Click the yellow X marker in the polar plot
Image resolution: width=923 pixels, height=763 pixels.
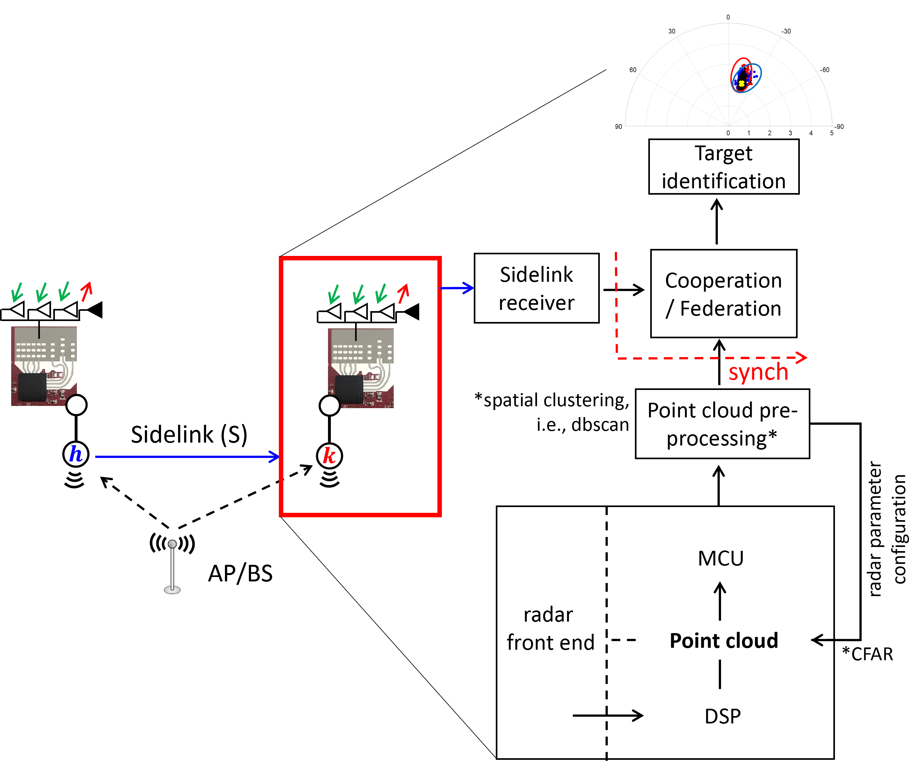tap(741, 83)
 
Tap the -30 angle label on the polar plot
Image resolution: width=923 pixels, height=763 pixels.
tap(786, 31)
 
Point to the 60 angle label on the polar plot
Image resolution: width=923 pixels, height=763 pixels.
tap(633, 70)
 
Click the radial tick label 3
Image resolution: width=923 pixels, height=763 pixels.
tap(790, 133)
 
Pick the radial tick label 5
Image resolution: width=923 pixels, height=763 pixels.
tap(832, 133)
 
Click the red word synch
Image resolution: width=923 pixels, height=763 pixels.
tap(758, 372)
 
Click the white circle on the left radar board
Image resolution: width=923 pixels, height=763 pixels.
tap(77, 405)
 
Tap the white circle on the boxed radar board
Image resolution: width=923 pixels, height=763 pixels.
tap(330, 406)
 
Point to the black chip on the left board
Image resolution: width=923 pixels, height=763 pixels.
tap(33, 387)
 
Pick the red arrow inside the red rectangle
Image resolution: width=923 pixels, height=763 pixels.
tap(403, 294)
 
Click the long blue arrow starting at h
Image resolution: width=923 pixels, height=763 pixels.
tap(187, 457)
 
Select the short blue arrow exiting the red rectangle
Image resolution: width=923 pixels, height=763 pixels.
tap(457, 288)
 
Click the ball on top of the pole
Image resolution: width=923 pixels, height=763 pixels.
tap(172, 544)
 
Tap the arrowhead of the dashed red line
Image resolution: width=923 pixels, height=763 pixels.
tap(802, 357)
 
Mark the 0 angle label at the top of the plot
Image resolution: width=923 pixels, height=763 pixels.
tap(728, 17)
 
